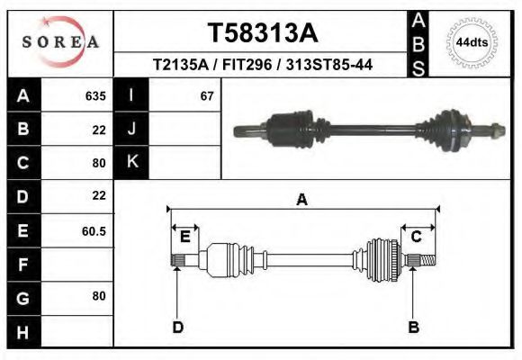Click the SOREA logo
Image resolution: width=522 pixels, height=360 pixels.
point(59,42)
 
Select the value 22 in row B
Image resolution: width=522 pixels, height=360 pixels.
point(99,129)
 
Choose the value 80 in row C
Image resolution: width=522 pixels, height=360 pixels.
point(99,163)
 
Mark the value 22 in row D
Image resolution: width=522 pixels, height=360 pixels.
point(99,195)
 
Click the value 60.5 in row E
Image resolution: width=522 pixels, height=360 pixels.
point(94,230)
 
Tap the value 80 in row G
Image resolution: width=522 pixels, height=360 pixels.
point(99,296)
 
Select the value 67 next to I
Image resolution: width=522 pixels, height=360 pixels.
point(207,95)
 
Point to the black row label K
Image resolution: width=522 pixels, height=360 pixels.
point(132,162)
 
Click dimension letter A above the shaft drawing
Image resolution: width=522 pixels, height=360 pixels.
point(302,200)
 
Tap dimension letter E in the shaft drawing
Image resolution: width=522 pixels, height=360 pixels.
point(184,237)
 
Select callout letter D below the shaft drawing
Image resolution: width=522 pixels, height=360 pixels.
point(177,327)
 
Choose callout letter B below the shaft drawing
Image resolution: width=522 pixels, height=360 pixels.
point(414,327)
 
